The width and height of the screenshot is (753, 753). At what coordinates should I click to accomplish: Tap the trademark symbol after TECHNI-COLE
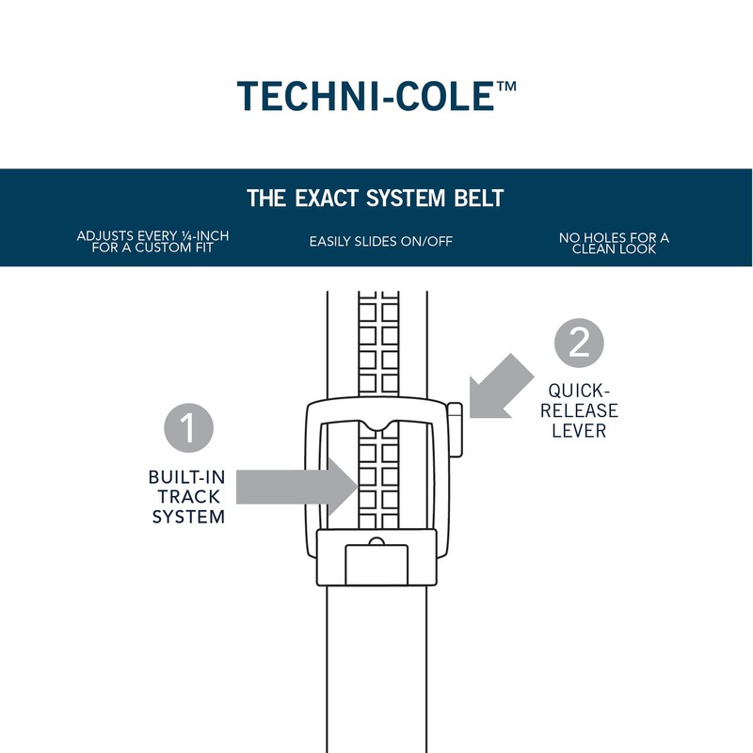pyautogui.click(x=505, y=87)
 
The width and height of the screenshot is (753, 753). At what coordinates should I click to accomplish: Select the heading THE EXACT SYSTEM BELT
pyautogui.click(x=376, y=199)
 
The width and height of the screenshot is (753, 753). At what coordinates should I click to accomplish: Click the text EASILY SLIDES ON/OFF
pyautogui.click(x=380, y=242)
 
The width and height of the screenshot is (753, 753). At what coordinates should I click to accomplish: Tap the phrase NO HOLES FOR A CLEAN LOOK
pyautogui.click(x=614, y=244)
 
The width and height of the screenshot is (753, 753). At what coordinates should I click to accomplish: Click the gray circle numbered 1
pyautogui.click(x=189, y=427)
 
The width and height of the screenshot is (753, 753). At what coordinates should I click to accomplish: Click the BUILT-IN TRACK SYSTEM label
pyautogui.click(x=188, y=495)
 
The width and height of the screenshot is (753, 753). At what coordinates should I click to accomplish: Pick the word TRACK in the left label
pyautogui.click(x=188, y=495)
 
